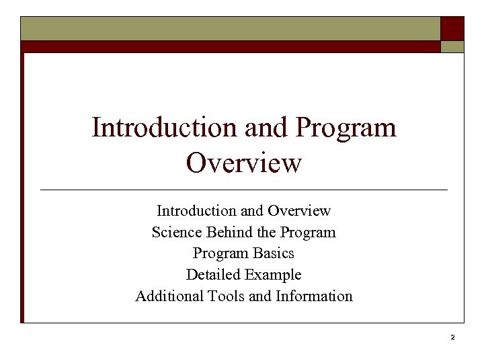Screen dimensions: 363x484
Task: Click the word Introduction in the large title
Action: (x=157, y=127)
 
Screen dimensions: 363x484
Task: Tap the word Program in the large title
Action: (x=346, y=127)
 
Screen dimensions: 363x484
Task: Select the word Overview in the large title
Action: (x=244, y=163)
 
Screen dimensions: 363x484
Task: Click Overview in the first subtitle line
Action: (x=299, y=211)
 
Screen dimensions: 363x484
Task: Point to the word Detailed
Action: (x=213, y=275)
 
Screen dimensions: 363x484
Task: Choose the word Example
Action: (x=273, y=275)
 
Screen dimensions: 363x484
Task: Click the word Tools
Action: (x=227, y=296)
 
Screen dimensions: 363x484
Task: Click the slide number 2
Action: (x=453, y=337)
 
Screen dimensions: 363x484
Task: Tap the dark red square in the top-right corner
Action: (x=452, y=28)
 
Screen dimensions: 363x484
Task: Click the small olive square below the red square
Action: (x=452, y=46)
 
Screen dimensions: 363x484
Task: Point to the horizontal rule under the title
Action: (x=244, y=190)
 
